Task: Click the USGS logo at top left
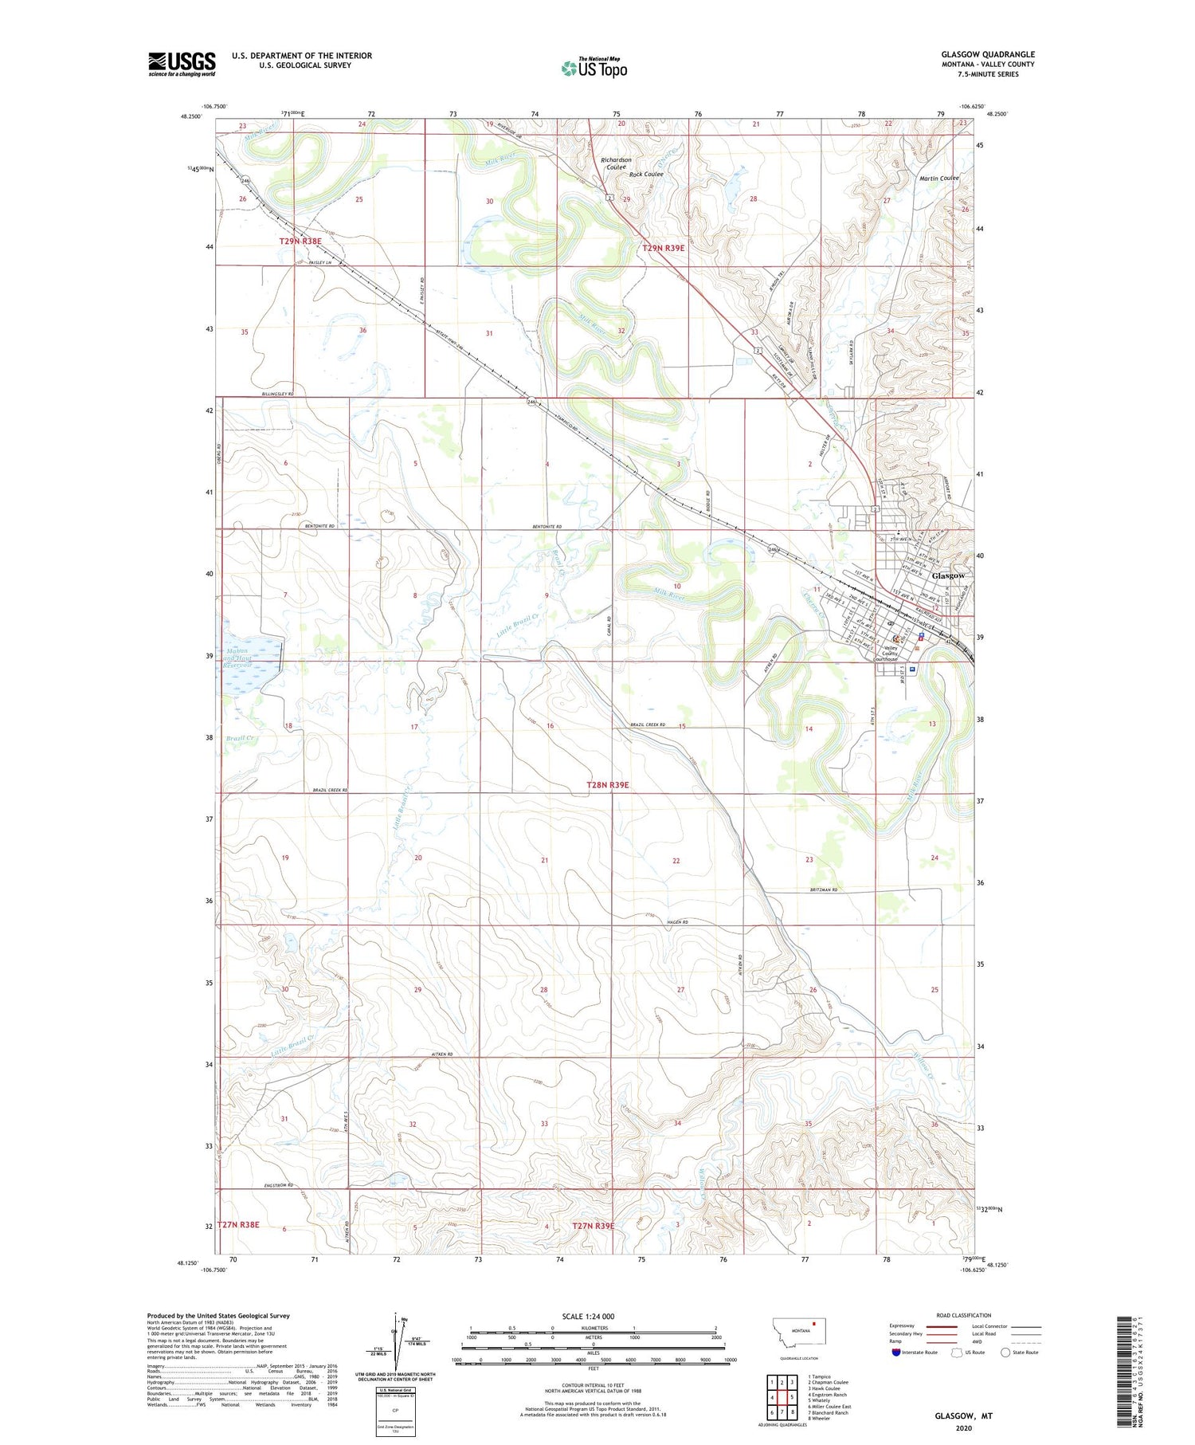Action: pyautogui.click(x=182, y=64)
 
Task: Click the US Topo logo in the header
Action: pyautogui.click(x=594, y=68)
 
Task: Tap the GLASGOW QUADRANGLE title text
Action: pyautogui.click(x=987, y=54)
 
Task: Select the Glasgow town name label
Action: pyautogui.click(x=948, y=575)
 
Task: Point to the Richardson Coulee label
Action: pyautogui.click(x=616, y=163)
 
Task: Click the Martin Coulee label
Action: pyautogui.click(x=938, y=179)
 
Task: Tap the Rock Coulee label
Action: pyautogui.click(x=645, y=175)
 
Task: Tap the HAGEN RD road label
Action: pyautogui.click(x=673, y=922)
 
